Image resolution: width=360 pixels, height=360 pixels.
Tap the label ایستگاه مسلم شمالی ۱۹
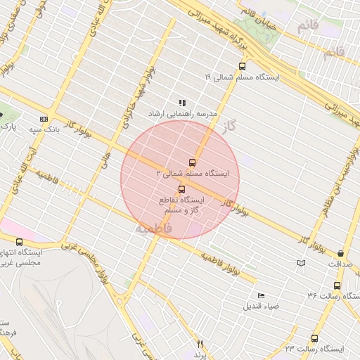point(242,77)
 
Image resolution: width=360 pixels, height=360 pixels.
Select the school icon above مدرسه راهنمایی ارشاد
point(182,102)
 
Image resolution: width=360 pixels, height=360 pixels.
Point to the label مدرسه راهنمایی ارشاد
point(182,113)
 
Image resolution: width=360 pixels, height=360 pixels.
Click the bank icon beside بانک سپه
point(44,119)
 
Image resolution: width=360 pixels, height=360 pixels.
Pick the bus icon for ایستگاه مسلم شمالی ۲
point(193,162)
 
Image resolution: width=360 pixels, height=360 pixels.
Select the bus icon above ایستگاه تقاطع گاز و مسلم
point(183,188)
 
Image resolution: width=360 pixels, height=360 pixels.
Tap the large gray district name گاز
point(245,126)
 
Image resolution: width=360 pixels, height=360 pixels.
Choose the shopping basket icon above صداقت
point(340,253)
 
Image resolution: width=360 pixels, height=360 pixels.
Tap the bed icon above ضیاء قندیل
point(262,295)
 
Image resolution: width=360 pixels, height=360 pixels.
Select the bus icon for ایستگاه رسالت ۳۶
point(337,286)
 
